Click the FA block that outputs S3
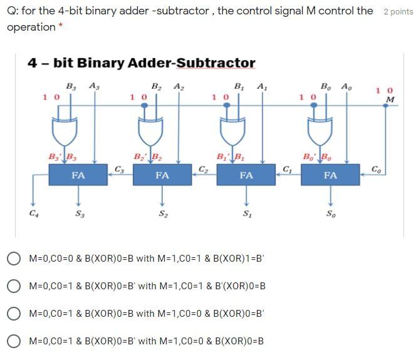point(78,176)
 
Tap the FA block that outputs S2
point(162,176)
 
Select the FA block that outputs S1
point(246,176)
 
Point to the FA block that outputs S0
point(330,176)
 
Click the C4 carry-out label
point(33,213)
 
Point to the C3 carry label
point(121,168)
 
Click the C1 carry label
point(287,168)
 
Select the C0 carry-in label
point(376,168)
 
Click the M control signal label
point(391,99)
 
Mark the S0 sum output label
point(330,214)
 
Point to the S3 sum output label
point(78,214)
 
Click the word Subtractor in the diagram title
point(216,63)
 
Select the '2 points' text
point(398,12)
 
